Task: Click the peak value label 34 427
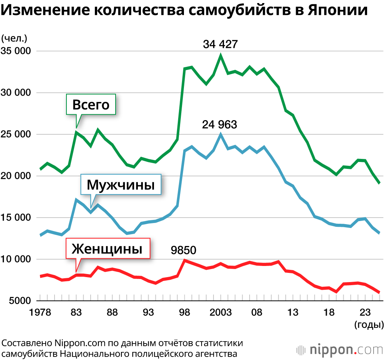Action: pyautogui.click(x=220, y=44)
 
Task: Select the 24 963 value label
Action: pyautogui.click(x=220, y=124)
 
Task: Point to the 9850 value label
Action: pyautogui.click(x=184, y=251)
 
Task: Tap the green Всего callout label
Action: pyautogui.click(x=91, y=104)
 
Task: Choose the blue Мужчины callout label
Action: pyautogui.click(x=121, y=185)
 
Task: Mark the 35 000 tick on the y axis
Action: pyautogui.click(x=17, y=51)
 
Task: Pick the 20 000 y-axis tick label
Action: pyautogui.click(x=17, y=176)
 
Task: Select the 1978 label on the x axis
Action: pyautogui.click(x=41, y=312)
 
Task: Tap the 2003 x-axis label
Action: pyautogui.click(x=220, y=312)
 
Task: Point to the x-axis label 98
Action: pyautogui.click(x=185, y=312)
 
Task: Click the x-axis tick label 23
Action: pyautogui.click(x=365, y=312)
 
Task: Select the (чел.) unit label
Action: pyautogui.click(x=14, y=38)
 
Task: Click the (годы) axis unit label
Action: pyautogui.click(x=368, y=325)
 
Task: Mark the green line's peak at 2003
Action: pyautogui.click(x=220, y=55)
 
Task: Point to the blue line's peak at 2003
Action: pyautogui.click(x=220, y=134)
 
